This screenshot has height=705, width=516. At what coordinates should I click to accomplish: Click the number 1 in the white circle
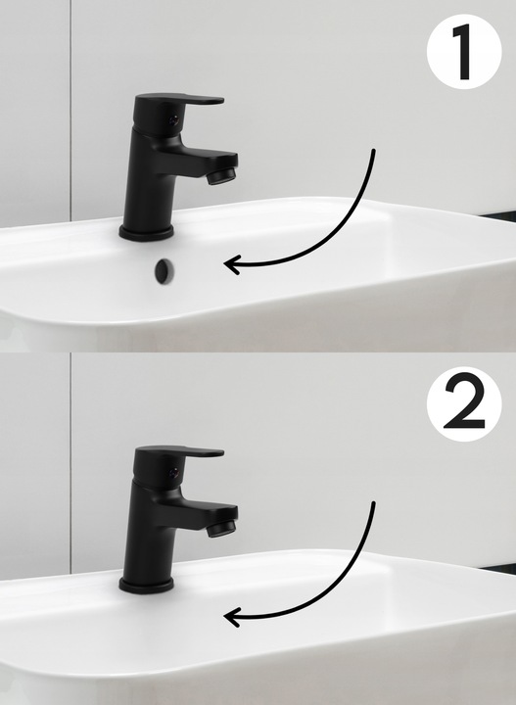point(462,52)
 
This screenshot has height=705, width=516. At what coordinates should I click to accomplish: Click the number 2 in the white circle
point(464,400)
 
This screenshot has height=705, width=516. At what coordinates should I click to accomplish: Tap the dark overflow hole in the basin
point(164,271)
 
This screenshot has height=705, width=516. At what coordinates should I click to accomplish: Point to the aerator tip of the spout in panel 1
point(221,176)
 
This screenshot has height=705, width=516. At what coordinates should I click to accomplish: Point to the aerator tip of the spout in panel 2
point(221,528)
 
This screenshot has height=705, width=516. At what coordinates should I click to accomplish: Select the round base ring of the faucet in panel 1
point(147,233)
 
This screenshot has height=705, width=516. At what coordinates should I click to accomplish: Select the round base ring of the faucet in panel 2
point(147,586)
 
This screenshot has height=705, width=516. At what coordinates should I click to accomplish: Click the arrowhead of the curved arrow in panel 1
point(231,264)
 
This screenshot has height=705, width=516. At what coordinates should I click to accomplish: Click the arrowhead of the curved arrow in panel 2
point(231,617)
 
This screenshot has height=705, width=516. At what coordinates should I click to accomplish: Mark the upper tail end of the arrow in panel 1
point(373,151)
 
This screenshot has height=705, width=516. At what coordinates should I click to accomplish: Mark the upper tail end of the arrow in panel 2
point(373,503)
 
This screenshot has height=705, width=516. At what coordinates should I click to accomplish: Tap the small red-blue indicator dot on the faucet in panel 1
point(174,120)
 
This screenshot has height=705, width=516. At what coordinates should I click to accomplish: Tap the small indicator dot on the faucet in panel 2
point(174,473)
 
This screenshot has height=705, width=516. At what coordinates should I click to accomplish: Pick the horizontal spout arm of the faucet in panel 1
point(203,161)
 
